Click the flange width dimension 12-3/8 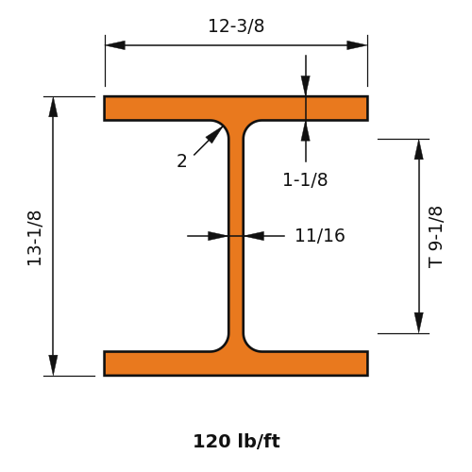236,25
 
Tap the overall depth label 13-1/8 34,238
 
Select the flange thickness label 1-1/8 305,179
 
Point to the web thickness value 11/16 320,235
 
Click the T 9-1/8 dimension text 435,237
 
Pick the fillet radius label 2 182,160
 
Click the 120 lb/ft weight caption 237,441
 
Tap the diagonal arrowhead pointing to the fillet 215,134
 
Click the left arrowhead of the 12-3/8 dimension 115,45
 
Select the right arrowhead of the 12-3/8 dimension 357,45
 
